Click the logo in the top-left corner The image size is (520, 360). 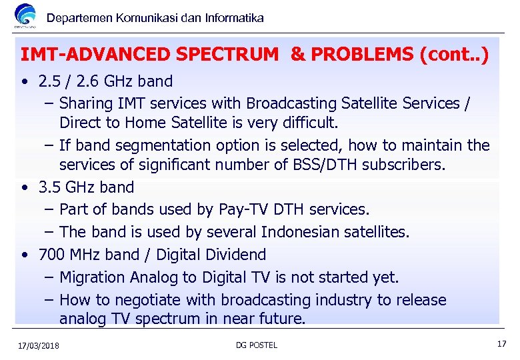click(25, 16)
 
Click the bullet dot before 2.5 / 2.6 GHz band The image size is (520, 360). click(24, 82)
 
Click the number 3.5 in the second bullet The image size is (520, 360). click(51, 187)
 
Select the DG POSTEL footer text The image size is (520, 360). click(257, 345)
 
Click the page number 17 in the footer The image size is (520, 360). click(501, 344)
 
